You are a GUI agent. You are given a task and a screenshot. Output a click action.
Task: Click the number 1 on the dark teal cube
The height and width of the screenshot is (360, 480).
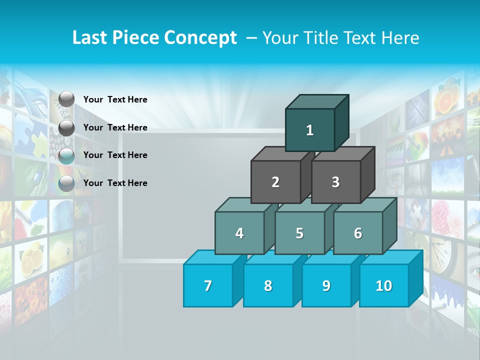(x=310, y=130)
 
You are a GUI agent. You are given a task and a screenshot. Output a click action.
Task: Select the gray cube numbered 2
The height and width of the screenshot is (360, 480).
(x=275, y=182)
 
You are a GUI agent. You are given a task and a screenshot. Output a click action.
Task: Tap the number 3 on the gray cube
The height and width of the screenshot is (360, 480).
(x=335, y=182)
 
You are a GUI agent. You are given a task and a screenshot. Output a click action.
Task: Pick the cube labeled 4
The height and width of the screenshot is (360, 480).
(x=239, y=233)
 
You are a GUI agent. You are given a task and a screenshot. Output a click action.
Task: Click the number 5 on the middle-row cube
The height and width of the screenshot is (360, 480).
(x=299, y=233)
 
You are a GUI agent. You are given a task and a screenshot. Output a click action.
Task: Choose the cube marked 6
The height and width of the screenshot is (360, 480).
(x=358, y=233)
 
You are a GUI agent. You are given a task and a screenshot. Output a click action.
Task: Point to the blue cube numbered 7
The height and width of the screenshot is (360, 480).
(x=208, y=286)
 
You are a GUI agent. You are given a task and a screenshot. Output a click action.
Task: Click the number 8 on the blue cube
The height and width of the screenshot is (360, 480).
(x=268, y=286)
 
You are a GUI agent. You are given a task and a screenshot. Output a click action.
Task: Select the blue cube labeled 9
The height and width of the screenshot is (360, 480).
(x=326, y=286)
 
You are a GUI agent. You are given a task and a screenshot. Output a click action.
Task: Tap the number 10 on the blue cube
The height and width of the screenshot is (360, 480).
(x=383, y=286)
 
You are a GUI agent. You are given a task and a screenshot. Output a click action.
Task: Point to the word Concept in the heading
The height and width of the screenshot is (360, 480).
(x=200, y=38)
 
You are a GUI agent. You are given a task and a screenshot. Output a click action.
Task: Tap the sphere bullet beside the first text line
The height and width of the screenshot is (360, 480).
(x=66, y=99)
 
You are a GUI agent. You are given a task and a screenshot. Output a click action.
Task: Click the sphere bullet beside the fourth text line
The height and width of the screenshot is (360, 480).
(x=66, y=183)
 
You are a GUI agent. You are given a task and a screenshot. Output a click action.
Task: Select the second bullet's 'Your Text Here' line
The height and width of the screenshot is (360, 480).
(x=115, y=127)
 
